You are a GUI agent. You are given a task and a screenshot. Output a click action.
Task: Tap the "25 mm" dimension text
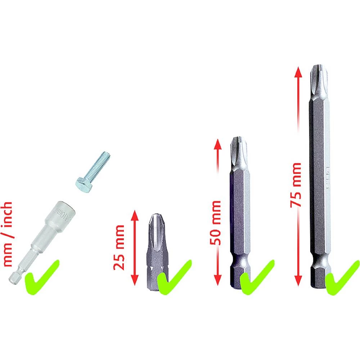click(119, 247)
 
